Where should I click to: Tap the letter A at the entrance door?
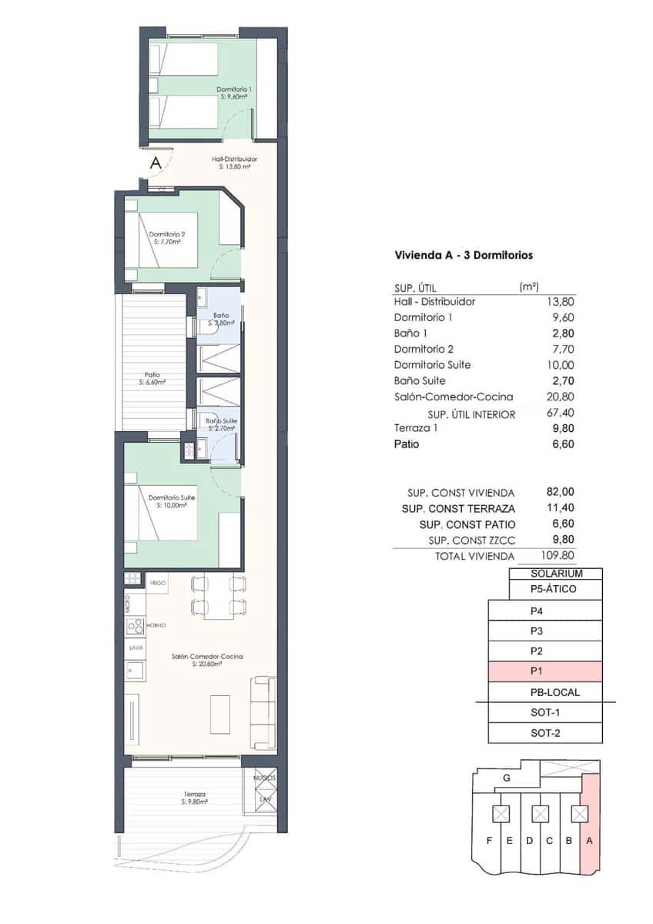pyautogui.click(x=155, y=162)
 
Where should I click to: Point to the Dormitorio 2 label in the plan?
pyautogui.click(x=167, y=238)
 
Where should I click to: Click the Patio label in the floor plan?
pyautogui.click(x=152, y=379)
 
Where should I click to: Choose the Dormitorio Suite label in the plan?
pyautogui.click(x=172, y=501)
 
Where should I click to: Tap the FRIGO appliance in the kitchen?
pyautogui.click(x=158, y=584)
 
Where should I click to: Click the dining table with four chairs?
pyautogui.click(x=218, y=595)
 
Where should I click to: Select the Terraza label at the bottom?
pyautogui.click(x=194, y=798)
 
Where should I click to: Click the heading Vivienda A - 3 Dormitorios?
pyautogui.click(x=464, y=254)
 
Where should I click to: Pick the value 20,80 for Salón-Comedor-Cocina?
pyautogui.click(x=560, y=397)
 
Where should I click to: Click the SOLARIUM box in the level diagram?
pyautogui.click(x=556, y=574)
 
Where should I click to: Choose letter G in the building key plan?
pyautogui.click(x=506, y=778)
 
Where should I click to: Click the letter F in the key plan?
pyautogui.click(x=489, y=840)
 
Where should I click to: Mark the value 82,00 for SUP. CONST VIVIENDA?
pyautogui.click(x=560, y=492)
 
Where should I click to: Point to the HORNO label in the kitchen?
pyautogui.click(x=156, y=625)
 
